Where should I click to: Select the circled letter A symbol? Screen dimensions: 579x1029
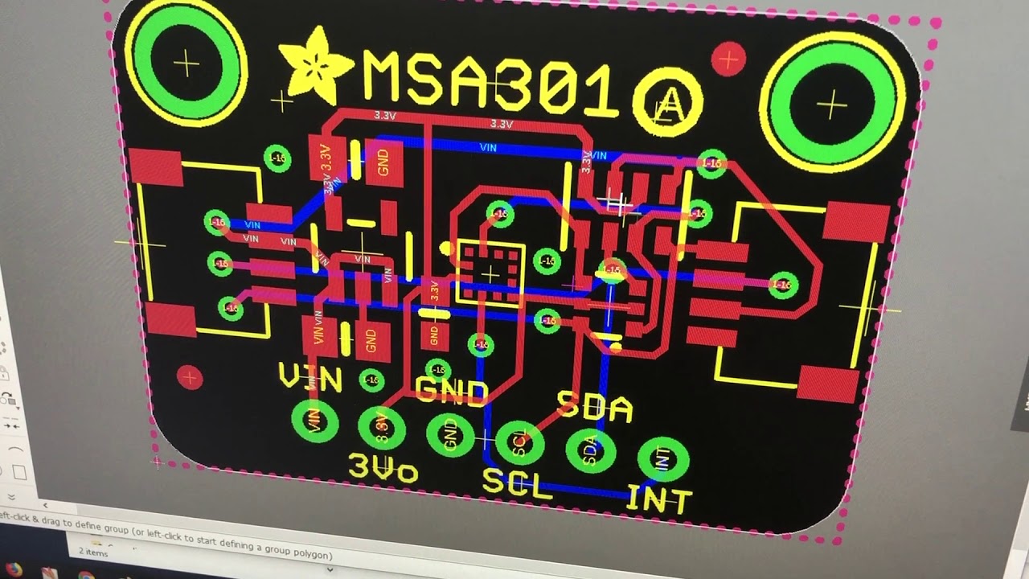(x=667, y=102)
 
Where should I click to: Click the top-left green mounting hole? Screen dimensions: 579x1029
(x=187, y=63)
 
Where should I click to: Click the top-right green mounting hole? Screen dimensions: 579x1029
(x=830, y=104)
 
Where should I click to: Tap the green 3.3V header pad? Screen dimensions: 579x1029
(x=382, y=427)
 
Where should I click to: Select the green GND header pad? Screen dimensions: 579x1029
(x=450, y=434)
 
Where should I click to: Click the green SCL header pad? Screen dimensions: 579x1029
(x=519, y=441)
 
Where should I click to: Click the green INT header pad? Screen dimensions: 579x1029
(x=662, y=459)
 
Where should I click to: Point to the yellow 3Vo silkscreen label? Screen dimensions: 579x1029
(x=383, y=468)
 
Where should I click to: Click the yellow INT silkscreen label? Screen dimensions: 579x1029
(x=658, y=498)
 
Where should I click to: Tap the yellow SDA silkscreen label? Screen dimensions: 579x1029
(x=595, y=407)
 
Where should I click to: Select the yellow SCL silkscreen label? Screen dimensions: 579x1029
(x=518, y=482)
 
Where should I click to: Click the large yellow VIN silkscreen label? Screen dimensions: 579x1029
(x=310, y=377)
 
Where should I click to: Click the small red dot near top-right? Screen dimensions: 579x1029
(x=729, y=59)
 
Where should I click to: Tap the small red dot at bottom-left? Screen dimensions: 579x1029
(x=190, y=376)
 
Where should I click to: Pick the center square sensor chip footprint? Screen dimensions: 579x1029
(x=490, y=272)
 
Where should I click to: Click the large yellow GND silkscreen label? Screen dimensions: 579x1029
(x=452, y=392)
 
